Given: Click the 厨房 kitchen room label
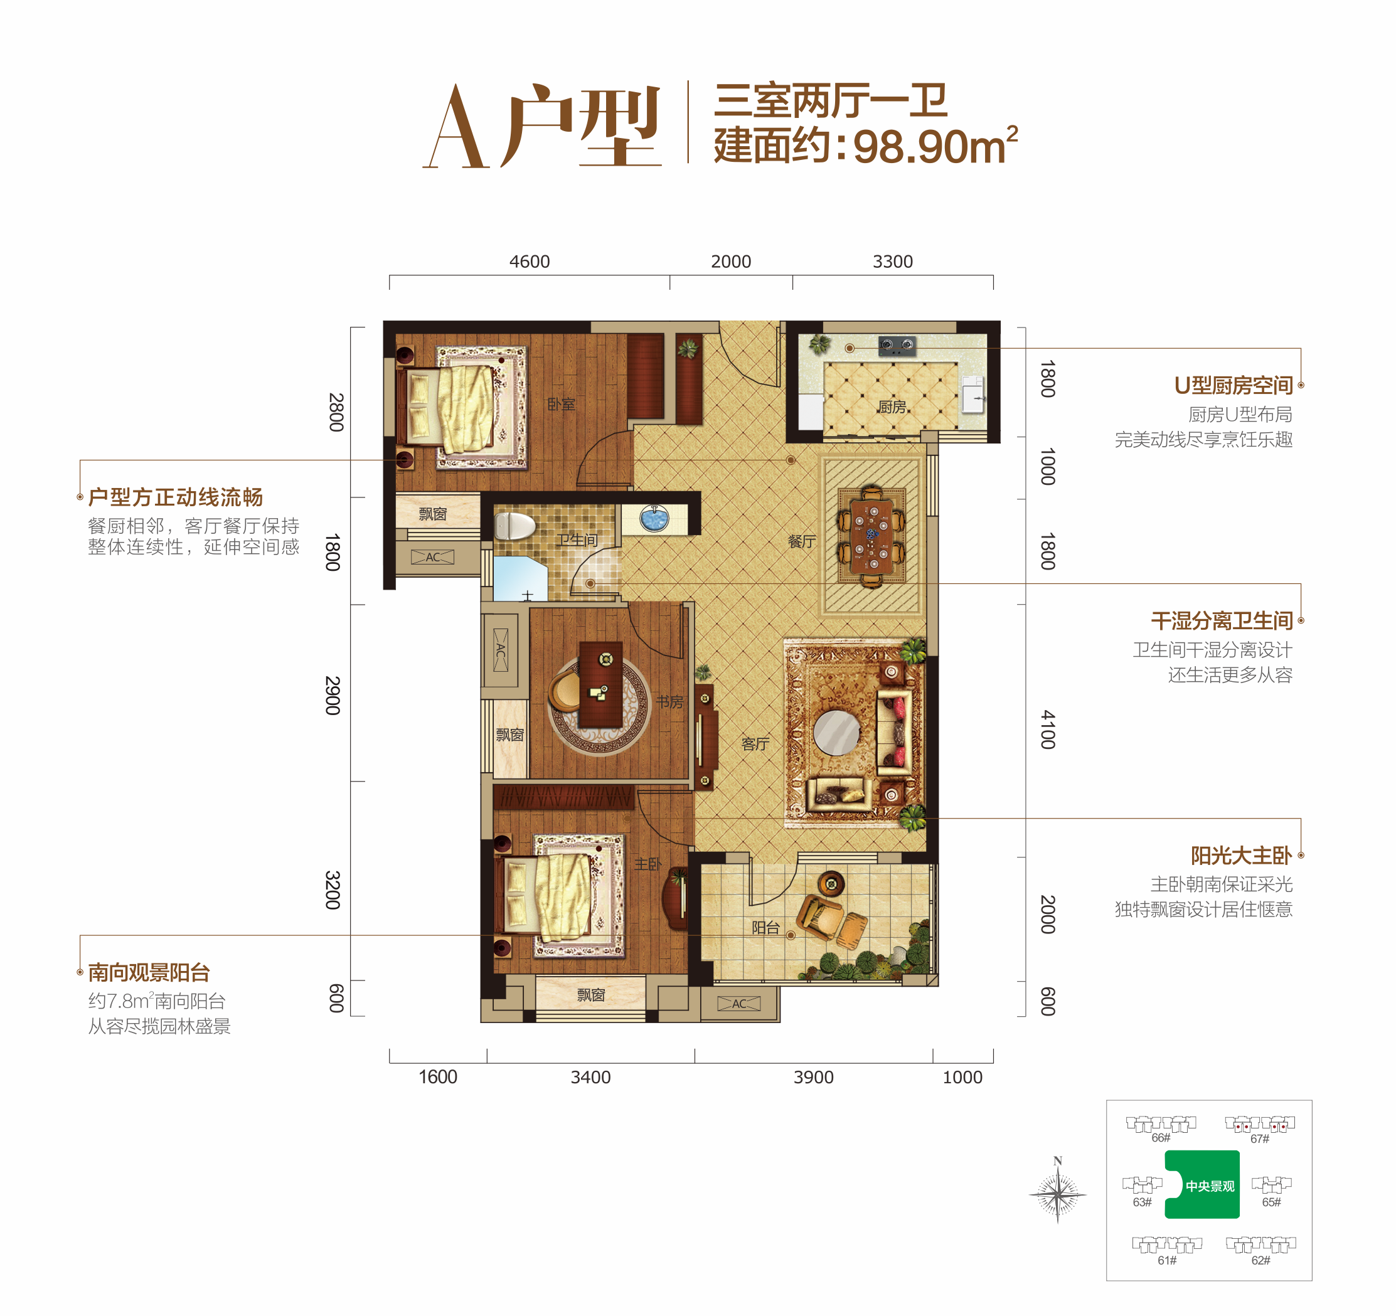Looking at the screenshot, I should pos(891,407).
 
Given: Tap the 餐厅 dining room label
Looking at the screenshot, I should pos(801,541).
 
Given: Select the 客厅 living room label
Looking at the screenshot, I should pos(755,744).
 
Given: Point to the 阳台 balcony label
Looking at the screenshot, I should pos(765,928).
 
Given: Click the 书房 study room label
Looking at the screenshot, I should pos(669,702).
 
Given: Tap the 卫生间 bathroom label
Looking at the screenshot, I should pos(577,539).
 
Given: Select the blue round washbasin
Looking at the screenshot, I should pos(654,519).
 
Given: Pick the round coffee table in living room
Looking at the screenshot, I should pos(836,733).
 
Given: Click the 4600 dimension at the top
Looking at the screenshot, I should pos(530,262).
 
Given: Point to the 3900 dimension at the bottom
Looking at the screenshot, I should pos(813,1078).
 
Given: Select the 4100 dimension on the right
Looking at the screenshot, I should pos(1047,730).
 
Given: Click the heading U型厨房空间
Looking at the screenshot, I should pos(1233,385).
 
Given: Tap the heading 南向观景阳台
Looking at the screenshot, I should pos(149,973).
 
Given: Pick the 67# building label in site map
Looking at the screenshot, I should pos(1260,1139).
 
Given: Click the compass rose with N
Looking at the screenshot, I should pos(1058,1193).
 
